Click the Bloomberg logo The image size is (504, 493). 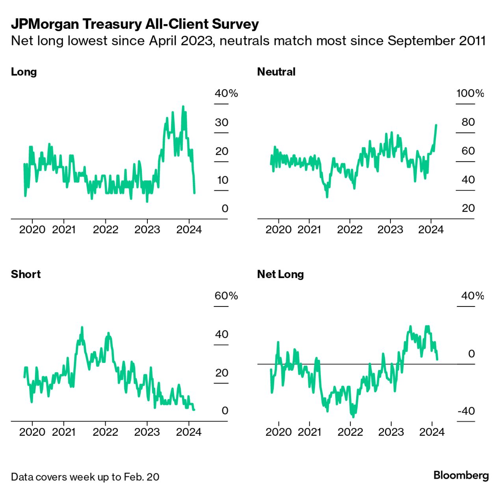[461, 475]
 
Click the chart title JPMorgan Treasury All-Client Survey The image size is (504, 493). [135, 24]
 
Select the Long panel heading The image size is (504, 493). [24, 72]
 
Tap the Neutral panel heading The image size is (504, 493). [276, 72]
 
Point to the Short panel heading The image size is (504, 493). [26, 274]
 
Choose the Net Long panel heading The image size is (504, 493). [280, 274]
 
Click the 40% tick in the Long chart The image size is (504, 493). [226, 93]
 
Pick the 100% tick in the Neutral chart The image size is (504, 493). [470, 93]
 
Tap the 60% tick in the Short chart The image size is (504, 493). [226, 296]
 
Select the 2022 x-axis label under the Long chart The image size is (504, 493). [105, 230]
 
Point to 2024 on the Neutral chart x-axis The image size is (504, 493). [431, 230]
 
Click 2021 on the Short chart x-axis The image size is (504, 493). [64, 432]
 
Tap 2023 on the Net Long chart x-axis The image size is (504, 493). [391, 432]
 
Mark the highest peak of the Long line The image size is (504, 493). [183, 106]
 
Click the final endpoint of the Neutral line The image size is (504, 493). [436, 125]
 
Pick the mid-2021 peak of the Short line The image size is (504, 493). [82, 327]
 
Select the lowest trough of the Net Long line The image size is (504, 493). [353, 416]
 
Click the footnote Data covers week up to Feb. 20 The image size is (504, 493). [85, 477]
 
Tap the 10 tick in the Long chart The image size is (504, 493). [222, 180]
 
